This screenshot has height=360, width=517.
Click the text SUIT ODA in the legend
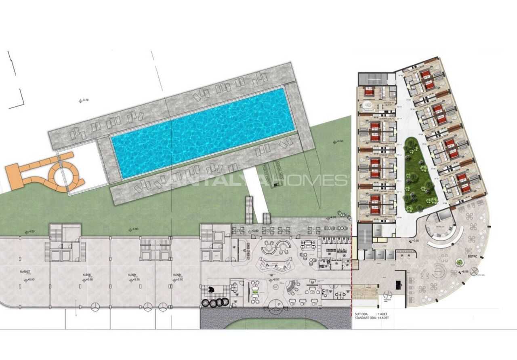click(361, 314)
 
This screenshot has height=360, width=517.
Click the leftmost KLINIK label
click(86, 274)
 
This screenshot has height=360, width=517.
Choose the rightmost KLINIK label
click(177, 274)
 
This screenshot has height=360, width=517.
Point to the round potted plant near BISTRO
click(459, 263)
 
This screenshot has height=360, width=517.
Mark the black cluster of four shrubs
click(215, 302)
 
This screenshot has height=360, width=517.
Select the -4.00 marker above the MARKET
click(31, 232)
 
